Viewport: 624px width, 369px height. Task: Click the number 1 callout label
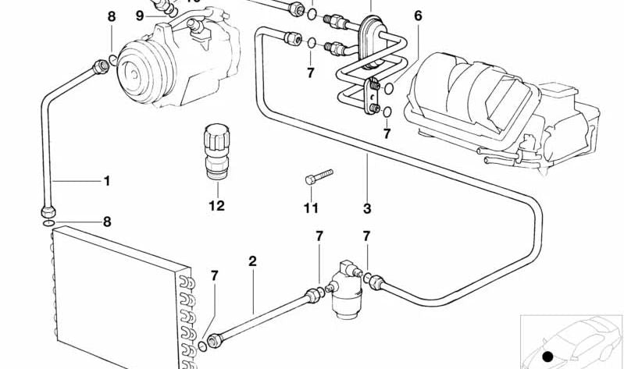[107, 181]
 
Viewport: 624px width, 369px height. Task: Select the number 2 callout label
[252, 261]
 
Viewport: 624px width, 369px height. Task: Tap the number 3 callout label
[367, 208]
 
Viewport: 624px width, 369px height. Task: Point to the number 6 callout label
[418, 16]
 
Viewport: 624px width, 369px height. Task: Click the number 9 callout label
[140, 16]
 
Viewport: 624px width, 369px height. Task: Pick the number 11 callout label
[311, 208]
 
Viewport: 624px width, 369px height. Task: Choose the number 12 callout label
[216, 206]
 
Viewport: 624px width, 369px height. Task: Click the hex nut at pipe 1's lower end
[48, 211]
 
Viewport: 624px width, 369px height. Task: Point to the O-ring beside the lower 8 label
[48, 223]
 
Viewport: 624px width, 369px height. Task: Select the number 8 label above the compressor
[111, 16]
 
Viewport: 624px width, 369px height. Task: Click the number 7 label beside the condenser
[215, 275]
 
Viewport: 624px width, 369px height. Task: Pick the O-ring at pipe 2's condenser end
[203, 345]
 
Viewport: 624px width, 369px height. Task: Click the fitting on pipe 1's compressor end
[99, 67]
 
